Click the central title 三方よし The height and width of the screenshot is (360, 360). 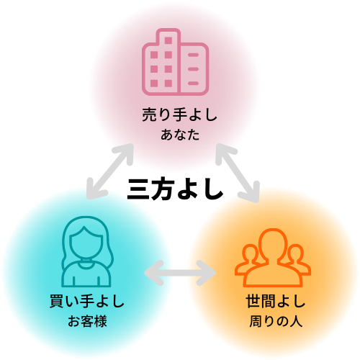tap(175, 189)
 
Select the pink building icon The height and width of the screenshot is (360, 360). tap(175, 62)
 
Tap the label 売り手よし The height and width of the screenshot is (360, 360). tap(179, 114)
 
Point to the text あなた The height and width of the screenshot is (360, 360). tap(180, 135)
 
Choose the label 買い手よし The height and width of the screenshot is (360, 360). tap(87, 301)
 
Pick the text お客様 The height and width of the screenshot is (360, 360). tap(87, 321)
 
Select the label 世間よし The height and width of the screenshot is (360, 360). tap(276, 301)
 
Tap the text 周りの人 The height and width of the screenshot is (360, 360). tap(276, 321)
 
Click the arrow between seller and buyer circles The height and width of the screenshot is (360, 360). tap(110, 171)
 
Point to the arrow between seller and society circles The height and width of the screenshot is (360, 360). tap(238, 173)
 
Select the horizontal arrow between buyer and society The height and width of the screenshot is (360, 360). tap(180, 273)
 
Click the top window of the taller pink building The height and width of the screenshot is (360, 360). tap(168, 40)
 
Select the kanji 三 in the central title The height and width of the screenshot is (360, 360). tap(138, 189)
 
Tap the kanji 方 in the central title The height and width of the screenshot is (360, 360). tap(163, 189)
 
